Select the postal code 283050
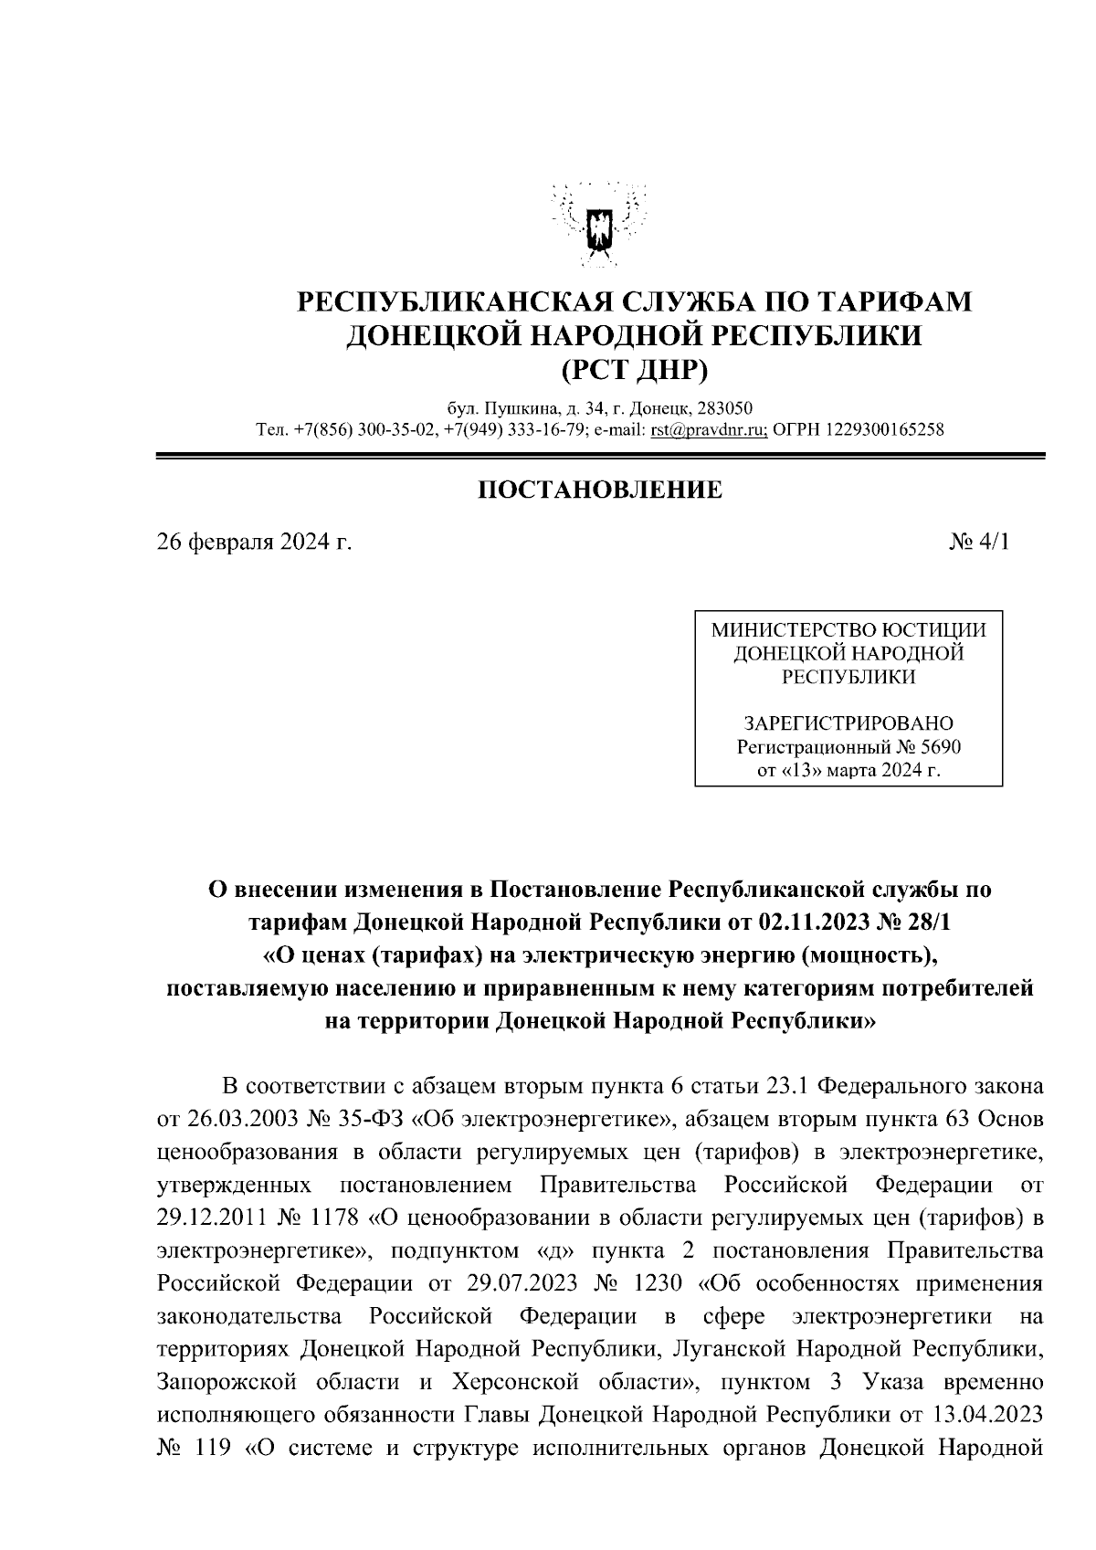click(727, 407)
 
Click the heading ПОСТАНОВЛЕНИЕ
click(600, 490)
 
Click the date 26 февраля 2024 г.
click(254, 542)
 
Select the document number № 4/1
click(981, 542)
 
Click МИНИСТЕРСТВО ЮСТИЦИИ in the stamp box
click(848, 630)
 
